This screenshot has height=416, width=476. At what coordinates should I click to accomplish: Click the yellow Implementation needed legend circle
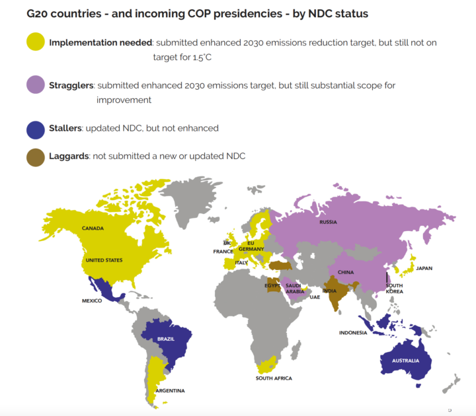tap(36, 43)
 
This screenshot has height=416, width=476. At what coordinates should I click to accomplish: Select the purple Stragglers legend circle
tap(36, 86)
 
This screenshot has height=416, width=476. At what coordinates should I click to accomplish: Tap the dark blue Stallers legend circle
tap(36, 128)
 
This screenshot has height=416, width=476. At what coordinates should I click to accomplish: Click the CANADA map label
tap(93, 228)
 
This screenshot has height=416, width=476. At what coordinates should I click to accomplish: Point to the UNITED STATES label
tap(104, 260)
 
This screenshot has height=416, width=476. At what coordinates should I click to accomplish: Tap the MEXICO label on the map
tap(92, 300)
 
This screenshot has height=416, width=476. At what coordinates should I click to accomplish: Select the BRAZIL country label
tap(166, 339)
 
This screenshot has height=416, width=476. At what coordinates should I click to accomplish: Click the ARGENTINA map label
tap(170, 391)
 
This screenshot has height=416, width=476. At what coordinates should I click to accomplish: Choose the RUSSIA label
tap(328, 222)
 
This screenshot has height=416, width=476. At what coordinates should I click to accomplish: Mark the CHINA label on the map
tap(346, 272)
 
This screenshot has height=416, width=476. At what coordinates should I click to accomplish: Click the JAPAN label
tap(424, 269)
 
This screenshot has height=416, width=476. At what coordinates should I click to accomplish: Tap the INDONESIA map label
tap(353, 333)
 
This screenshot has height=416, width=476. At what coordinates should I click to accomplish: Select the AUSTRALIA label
tap(405, 361)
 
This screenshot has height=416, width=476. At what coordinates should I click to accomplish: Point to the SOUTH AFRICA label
tap(274, 378)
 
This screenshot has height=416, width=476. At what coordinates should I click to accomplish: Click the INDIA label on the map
tap(329, 291)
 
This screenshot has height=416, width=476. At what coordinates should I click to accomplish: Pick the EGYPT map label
tap(272, 286)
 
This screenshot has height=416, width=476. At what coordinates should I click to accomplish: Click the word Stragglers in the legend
tap(71, 86)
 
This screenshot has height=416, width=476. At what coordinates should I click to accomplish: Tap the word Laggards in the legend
tap(69, 156)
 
